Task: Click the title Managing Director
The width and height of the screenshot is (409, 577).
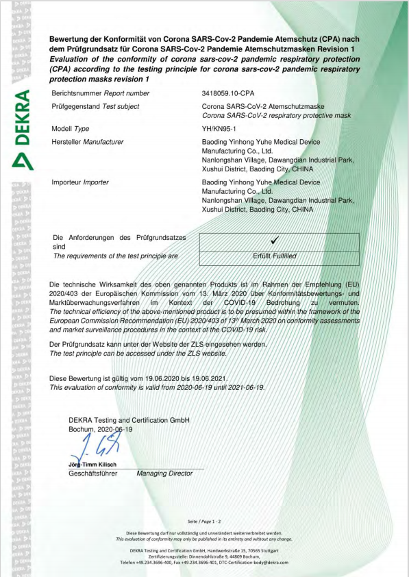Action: point(165,473)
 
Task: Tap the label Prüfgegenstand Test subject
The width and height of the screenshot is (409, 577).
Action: point(95,106)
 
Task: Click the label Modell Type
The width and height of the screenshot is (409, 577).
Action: point(71,128)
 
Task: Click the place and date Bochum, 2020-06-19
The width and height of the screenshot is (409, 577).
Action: point(101,428)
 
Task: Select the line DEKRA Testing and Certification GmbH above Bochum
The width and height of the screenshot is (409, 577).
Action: point(129,419)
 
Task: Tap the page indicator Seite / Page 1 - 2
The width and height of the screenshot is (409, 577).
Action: point(204,521)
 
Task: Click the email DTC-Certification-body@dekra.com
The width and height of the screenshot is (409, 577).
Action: point(253,562)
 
